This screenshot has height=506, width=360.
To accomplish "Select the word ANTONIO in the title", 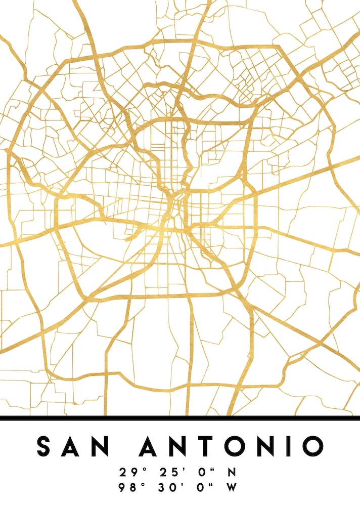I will (231, 446).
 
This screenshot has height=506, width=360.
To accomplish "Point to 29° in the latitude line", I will (130, 473).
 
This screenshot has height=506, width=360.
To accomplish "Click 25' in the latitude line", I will (169, 473).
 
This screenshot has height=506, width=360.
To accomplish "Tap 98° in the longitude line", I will (130, 488).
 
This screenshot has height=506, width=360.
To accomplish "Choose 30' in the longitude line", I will (169, 488).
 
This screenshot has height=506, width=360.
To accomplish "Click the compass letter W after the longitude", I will (232, 488).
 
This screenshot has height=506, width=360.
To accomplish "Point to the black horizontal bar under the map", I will (180, 418).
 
